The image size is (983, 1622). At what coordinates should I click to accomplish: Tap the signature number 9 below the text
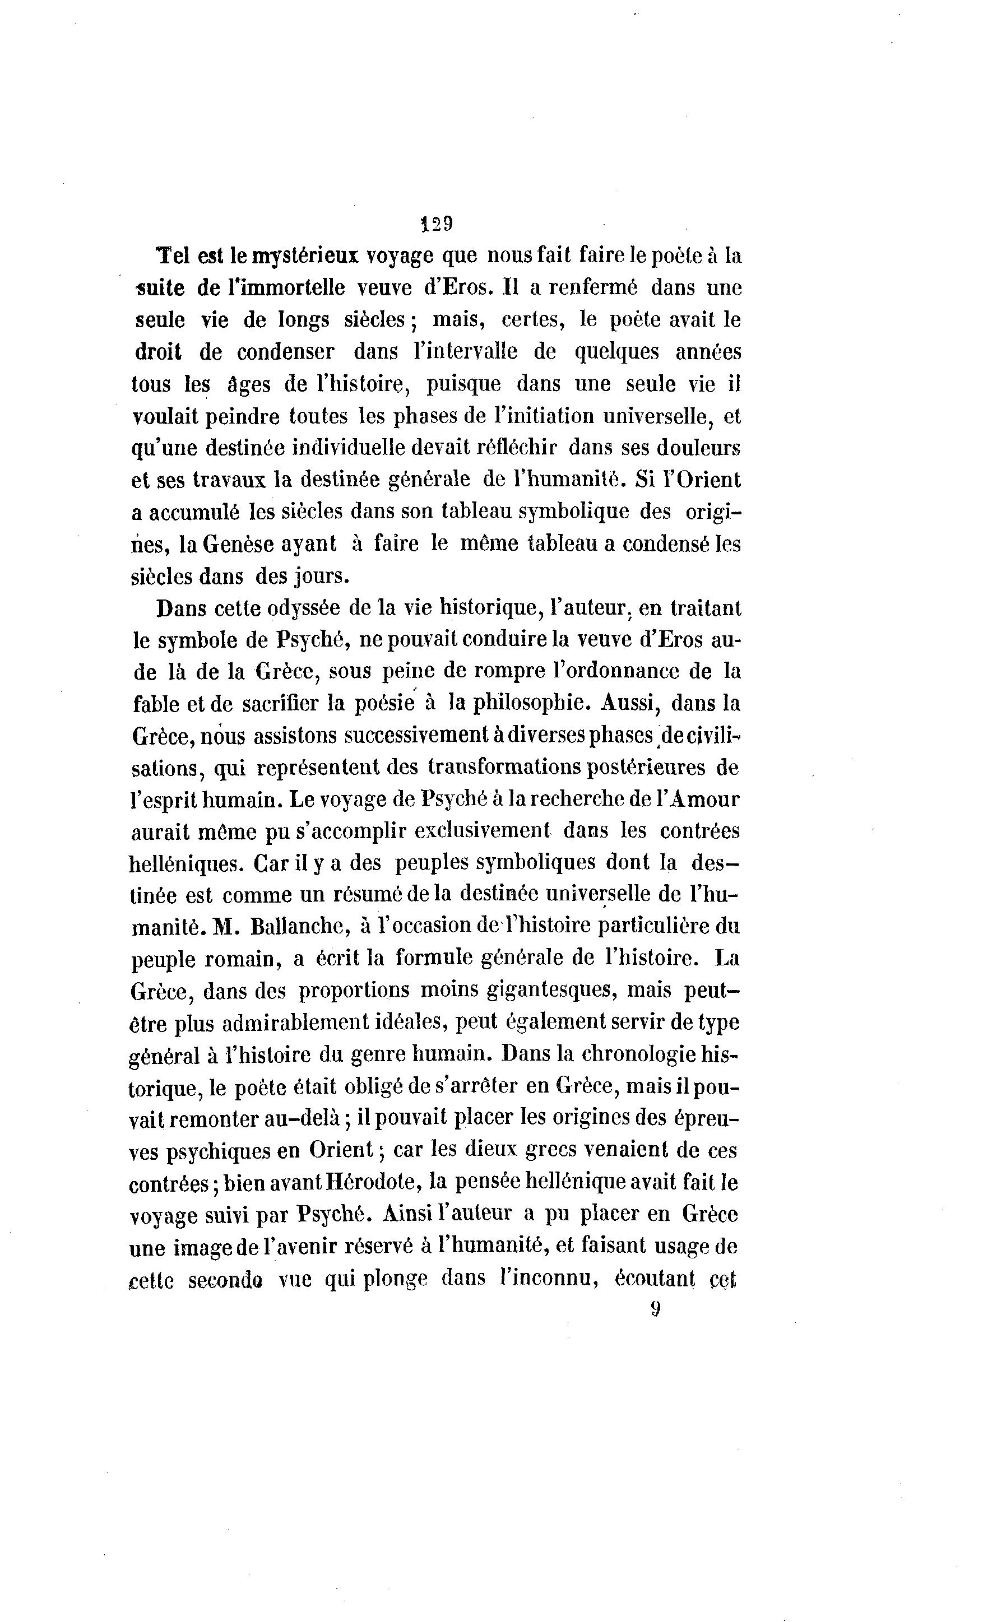click(655, 1309)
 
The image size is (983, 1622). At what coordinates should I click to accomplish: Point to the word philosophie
click(519, 703)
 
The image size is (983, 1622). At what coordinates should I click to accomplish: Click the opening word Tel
click(170, 256)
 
